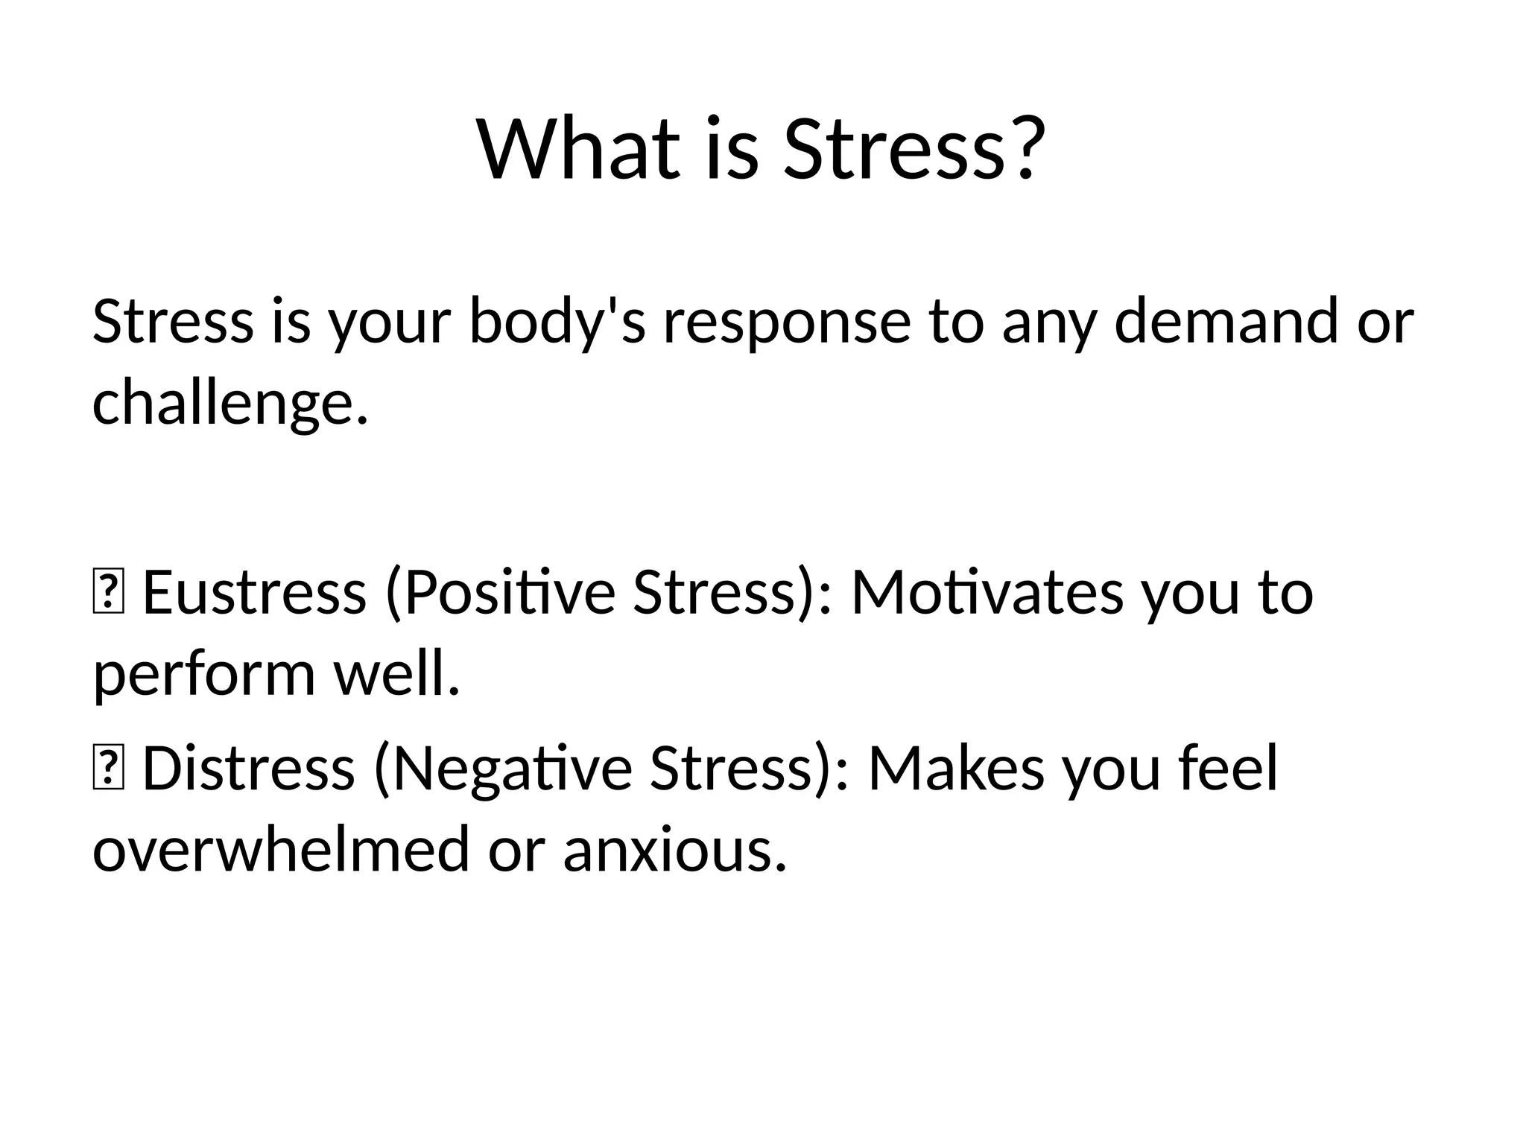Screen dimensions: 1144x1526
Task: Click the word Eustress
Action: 254,593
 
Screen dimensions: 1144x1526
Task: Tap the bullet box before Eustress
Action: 108,594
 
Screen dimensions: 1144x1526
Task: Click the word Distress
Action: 248,769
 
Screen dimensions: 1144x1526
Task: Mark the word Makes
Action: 956,769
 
